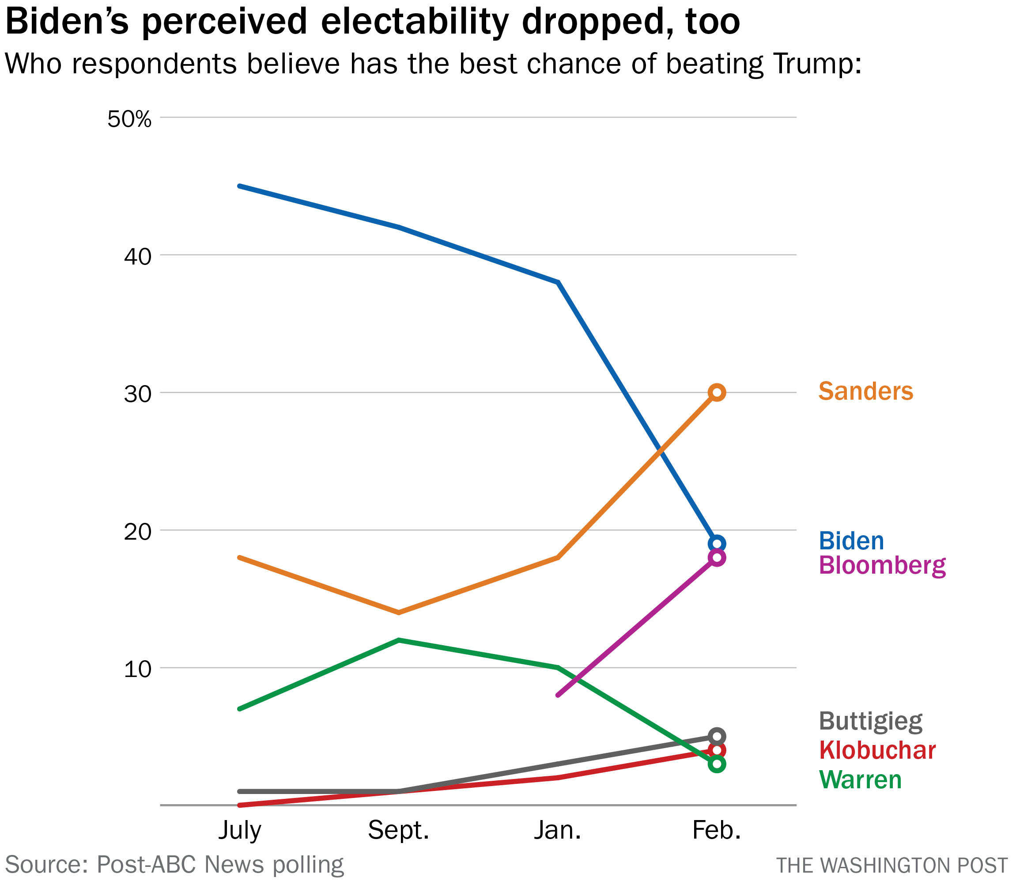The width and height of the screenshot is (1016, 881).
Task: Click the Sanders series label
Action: click(x=865, y=392)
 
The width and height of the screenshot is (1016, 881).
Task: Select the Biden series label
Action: click(x=851, y=541)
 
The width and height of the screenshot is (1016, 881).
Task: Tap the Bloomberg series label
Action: click(x=882, y=566)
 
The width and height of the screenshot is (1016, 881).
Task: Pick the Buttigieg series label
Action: click(x=870, y=722)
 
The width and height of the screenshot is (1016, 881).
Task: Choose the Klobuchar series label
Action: click(x=877, y=751)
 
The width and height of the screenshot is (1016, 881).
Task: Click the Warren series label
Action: click(x=860, y=780)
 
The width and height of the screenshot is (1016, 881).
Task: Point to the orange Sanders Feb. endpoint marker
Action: click(x=717, y=392)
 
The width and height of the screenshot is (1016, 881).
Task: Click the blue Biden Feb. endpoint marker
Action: click(x=717, y=544)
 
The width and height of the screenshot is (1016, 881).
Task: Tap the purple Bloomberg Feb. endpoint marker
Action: click(x=717, y=557)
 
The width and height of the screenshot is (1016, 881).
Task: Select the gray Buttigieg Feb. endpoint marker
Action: click(x=717, y=737)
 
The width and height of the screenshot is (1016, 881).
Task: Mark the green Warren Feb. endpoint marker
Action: click(x=717, y=764)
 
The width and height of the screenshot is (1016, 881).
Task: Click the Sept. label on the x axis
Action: click(x=399, y=830)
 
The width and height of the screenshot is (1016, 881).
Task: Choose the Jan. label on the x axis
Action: click(x=557, y=830)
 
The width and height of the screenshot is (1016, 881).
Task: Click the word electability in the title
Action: click(x=415, y=23)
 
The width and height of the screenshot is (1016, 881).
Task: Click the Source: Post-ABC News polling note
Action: click(x=174, y=864)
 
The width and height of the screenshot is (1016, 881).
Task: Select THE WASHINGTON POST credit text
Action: click(x=891, y=865)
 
